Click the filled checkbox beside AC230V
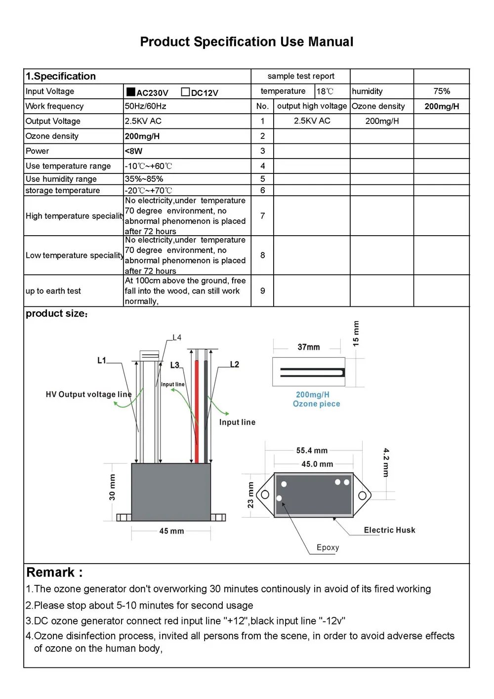pos(131,92)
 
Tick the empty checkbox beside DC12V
pos(185,92)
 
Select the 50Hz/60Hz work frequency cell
pos(146,106)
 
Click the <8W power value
pos(133,151)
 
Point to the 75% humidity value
pos(442,91)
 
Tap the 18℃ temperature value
pos(325,91)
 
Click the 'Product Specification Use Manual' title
pos(247,42)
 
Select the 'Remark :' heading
pos(54,573)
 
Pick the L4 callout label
pos(177,338)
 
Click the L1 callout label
pos(102,361)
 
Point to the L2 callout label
pos(235,365)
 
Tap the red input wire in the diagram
pos(197,410)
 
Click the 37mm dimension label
pos(309,347)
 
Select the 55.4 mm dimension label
pos(312,451)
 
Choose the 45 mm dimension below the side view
pos(171,531)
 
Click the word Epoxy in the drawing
pos(328,547)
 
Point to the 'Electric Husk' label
pos(389,530)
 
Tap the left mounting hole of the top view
pos(265,494)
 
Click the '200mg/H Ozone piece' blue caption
pos(316,399)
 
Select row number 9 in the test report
pos(262,291)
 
